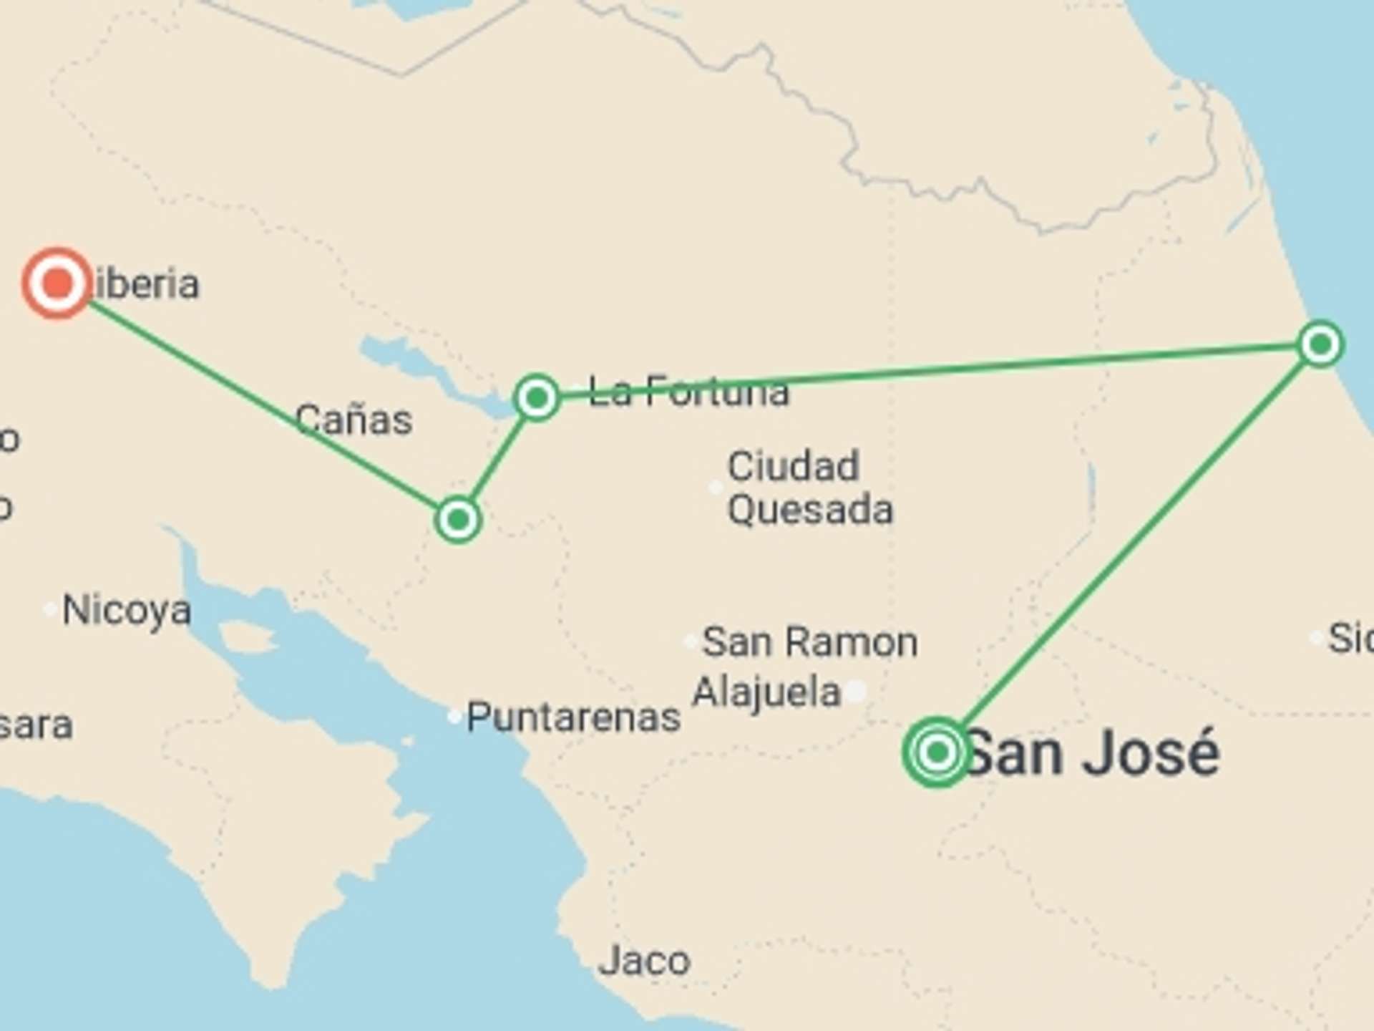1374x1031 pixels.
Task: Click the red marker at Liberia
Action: click(x=57, y=283)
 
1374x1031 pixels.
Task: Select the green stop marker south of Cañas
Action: click(x=457, y=518)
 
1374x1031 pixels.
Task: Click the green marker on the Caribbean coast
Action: click(x=1320, y=345)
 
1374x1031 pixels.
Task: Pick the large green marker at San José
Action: click(x=937, y=752)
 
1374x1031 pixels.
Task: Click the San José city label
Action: click(x=1091, y=752)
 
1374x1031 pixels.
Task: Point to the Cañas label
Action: click(x=354, y=420)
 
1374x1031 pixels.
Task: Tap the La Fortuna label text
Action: click(x=688, y=392)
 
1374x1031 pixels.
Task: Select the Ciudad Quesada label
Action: click(x=809, y=488)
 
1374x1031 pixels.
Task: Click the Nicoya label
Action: click(x=127, y=611)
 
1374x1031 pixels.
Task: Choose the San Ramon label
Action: click(x=809, y=642)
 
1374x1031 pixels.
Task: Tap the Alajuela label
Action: click(x=766, y=692)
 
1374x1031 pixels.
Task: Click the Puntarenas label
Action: click(x=573, y=717)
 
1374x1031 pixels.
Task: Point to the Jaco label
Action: click(x=645, y=961)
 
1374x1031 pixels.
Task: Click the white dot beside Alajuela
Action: click(x=855, y=692)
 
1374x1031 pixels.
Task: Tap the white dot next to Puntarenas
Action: click(x=454, y=716)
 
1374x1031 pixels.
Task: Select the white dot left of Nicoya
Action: click(x=49, y=609)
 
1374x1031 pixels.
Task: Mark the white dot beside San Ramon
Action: click(x=691, y=641)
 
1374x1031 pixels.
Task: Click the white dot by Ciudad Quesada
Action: click(x=715, y=488)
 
